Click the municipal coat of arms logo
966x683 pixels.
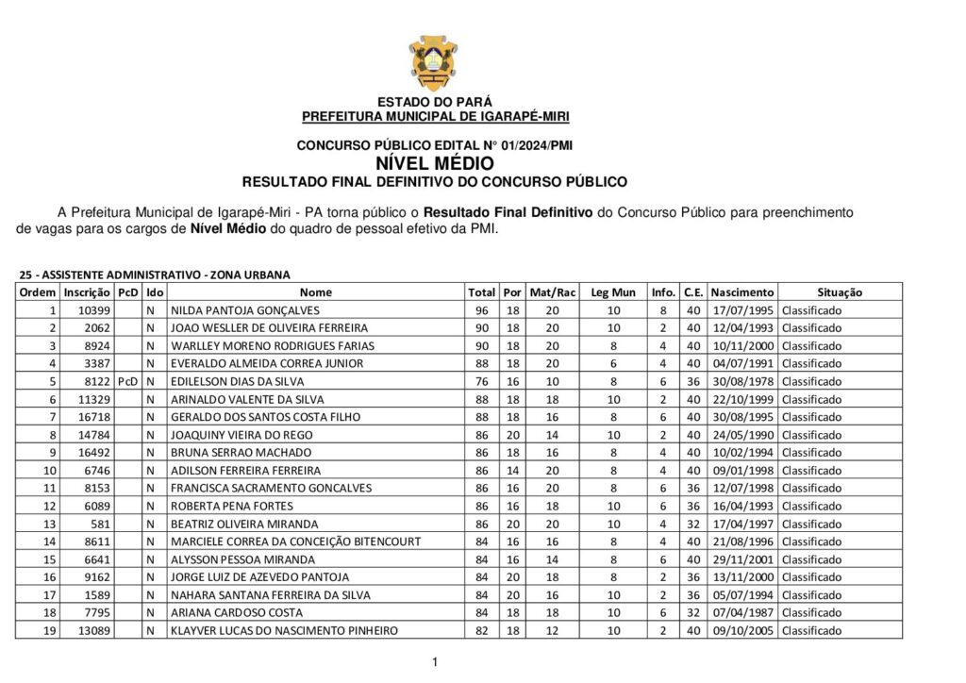click(x=434, y=61)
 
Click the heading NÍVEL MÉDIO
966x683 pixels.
click(x=434, y=163)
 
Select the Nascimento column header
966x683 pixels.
click(x=742, y=292)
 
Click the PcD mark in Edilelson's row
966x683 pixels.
click(x=127, y=381)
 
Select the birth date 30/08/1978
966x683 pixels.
click(x=742, y=381)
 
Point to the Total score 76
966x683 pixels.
click(x=481, y=381)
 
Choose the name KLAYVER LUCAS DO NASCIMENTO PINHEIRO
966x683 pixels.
click(x=284, y=630)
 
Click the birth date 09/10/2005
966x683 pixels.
click(x=742, y=630)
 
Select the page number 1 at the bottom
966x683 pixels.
click(x=435, y=662)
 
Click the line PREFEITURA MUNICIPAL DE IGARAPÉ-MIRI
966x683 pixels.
click(x=435, y=116)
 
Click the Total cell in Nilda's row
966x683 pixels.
click(x=481, y=310)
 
